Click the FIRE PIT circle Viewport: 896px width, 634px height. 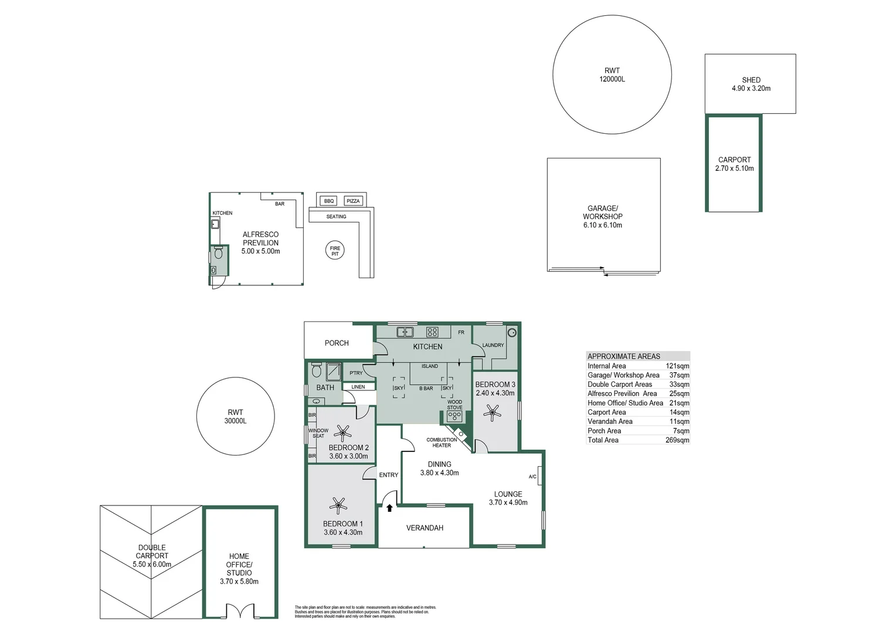pos(335,251)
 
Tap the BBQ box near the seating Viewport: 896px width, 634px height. pos(328,201)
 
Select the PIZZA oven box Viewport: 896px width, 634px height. pos(353,201)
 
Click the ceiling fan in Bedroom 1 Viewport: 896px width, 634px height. pos(338,505)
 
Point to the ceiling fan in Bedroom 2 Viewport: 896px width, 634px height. pos(343,433)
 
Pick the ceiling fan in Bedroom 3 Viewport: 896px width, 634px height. pos(491,413)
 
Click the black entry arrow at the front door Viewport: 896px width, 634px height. pos(389,508)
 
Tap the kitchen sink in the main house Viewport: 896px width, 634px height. pos(405,332)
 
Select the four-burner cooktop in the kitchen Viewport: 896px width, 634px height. pos(432,332)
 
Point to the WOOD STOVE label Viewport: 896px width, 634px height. pos(454,404)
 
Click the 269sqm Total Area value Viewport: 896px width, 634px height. pos(677,440)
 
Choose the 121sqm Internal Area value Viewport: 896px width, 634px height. pos(677,366)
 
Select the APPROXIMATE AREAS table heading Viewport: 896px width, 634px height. pos(624,356)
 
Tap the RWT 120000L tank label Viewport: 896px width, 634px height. pos(612,75)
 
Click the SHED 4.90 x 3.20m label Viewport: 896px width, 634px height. pos(751,84)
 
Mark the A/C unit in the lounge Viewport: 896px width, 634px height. pos(539,475)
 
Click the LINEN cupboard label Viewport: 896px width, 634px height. pos(358,387)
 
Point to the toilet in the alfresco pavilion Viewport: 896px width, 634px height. pos(218,253)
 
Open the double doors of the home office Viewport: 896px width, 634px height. pos(240,611)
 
